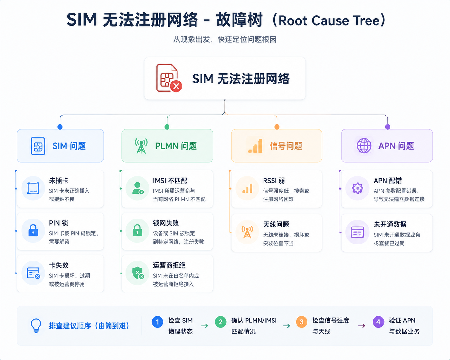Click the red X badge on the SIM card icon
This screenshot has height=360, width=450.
click(176, 86)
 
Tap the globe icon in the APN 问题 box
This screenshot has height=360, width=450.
click(364, 146)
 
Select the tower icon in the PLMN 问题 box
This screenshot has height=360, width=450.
click(141, 146)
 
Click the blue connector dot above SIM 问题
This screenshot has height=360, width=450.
click(60, 127)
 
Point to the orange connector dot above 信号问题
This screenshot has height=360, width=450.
click(277, 127)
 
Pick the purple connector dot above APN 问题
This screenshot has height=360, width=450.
click(388, 127)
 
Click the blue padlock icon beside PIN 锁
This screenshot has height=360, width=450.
click(33, 230)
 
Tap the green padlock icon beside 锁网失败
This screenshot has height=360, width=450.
click(137, 230)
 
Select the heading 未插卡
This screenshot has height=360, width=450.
click(59, 180)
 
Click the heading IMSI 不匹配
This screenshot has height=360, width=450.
click(170, 180)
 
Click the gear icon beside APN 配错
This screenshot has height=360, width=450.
click(357, 188)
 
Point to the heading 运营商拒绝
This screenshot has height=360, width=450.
click(169, 265)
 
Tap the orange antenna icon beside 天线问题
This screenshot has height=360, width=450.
click(247, 232)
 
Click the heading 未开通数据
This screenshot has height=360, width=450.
click(390, 224)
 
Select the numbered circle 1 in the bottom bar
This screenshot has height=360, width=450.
click(158, 322)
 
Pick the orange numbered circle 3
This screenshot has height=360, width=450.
click(301, 322)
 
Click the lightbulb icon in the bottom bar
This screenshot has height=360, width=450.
click(36, 325)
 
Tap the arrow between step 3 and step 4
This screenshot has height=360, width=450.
click(361, 325)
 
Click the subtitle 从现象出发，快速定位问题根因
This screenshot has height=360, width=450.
click(225, 39)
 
